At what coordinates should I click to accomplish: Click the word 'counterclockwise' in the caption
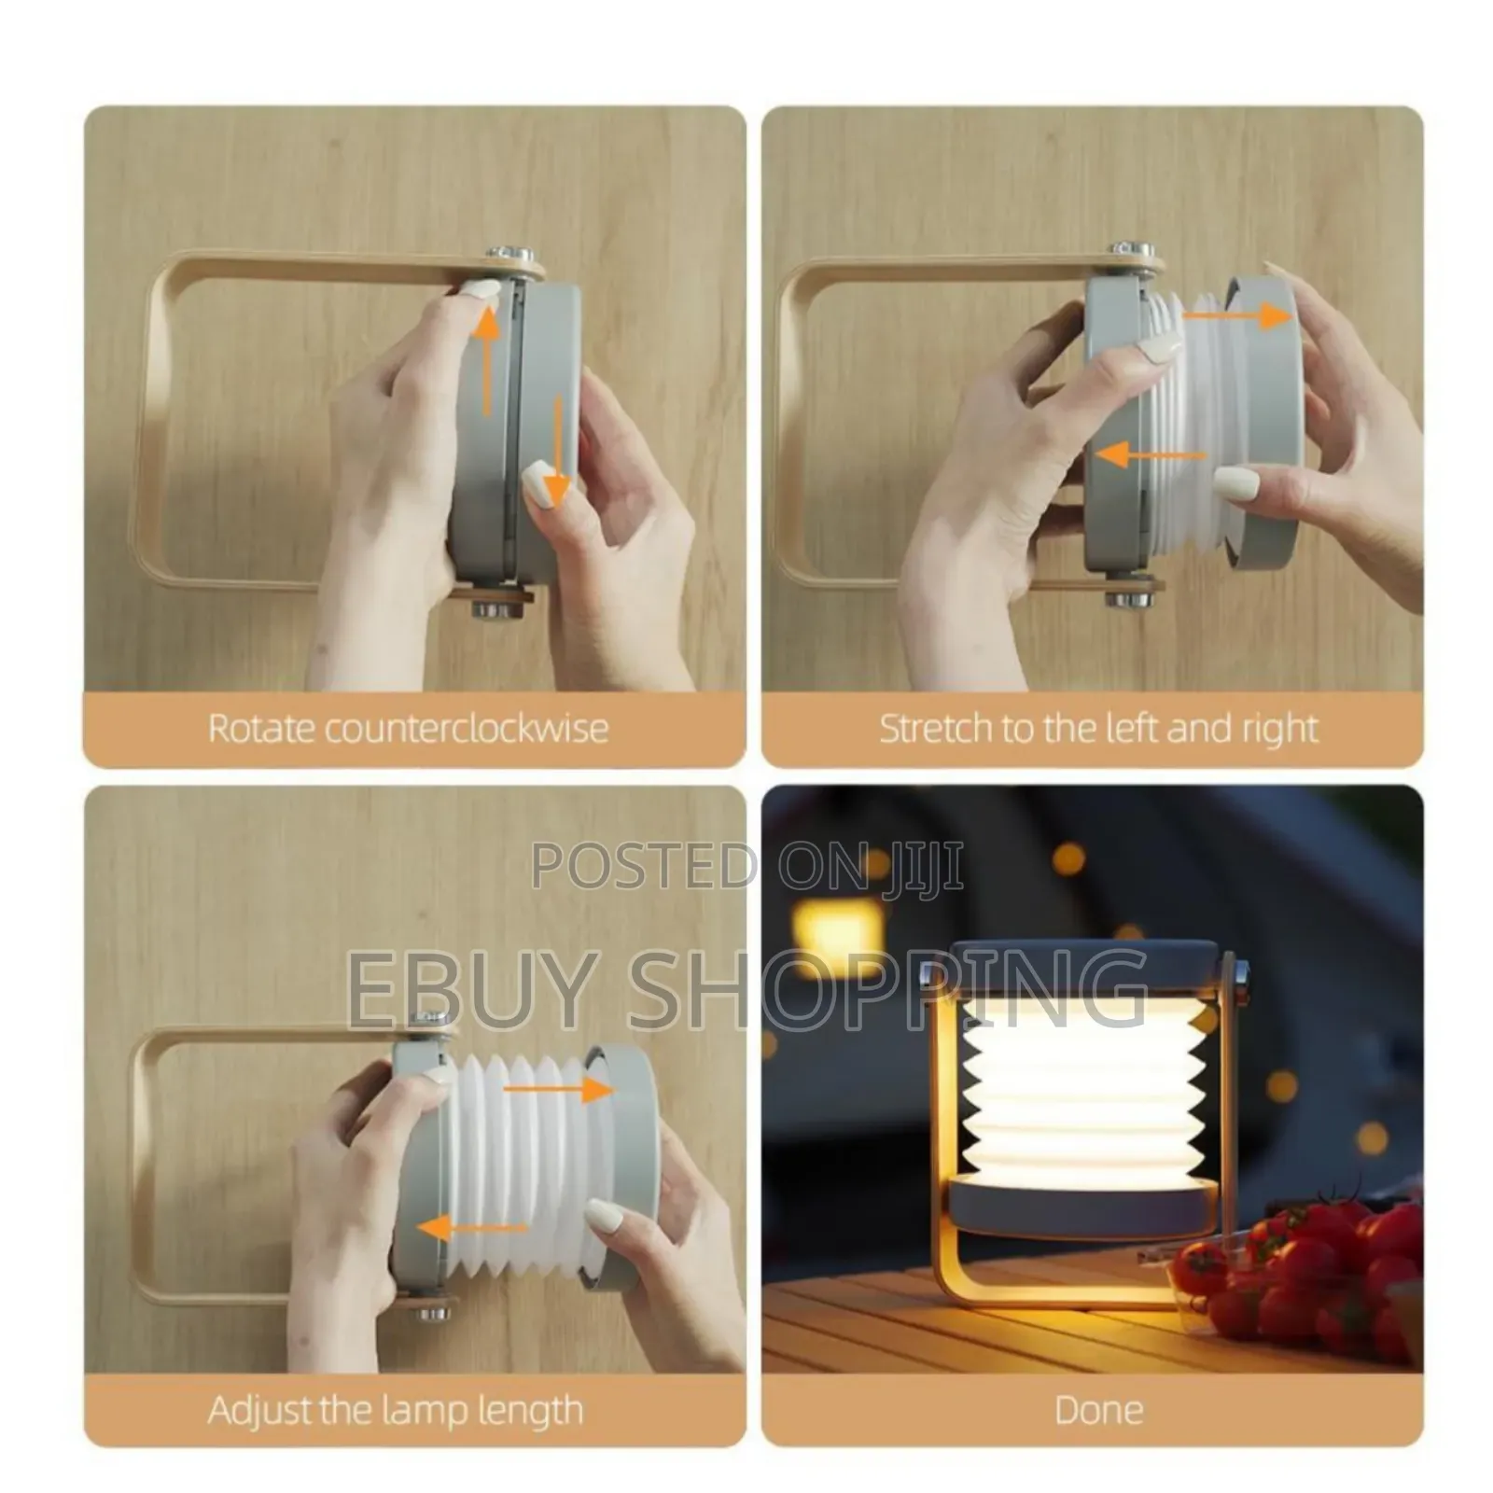pyautogui.click(x=466, y=729)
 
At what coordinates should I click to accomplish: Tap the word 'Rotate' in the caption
pyautogui.click(x=251, y=729)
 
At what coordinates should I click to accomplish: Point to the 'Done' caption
pyautogui.click(x=1098, y=1409)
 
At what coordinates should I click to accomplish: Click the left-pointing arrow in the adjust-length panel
pyautogui.click(x=472, y=1228)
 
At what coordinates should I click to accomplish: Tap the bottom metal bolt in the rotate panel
pyautogui.click(x=495, y=611)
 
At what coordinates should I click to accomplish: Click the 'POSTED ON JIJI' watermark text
pyautogui.click(x=746, y=866)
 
